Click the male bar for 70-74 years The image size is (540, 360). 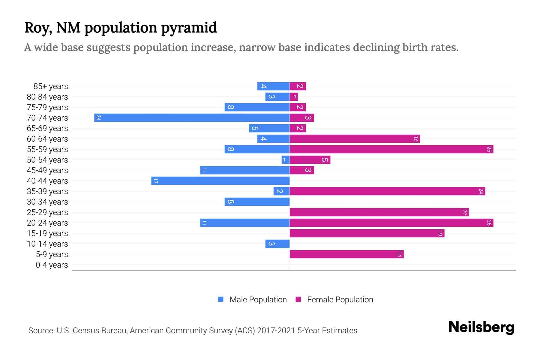tap(192, 118)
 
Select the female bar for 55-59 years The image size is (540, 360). tap(391, 149)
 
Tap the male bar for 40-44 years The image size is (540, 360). tap(220, 181)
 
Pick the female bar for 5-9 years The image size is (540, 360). tap(346, 254)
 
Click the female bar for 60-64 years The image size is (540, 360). tap(355, 139)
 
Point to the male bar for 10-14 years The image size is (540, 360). tap(277, 244)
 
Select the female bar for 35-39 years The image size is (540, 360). tap(387, 191)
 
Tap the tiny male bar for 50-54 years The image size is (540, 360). tap(286, 160)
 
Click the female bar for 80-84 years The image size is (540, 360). tap(294, 97)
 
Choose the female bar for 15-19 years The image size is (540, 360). tap(367, 233)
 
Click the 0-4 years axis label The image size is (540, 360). tap(52, 265)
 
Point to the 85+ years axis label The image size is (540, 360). tap(50, 86)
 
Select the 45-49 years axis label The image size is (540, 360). tap(47, 170)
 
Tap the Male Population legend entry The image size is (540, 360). tap(258, 300)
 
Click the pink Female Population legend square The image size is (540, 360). tap(298, 299)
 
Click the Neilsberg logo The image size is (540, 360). tap(481, 327)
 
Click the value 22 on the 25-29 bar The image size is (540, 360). tap(464, 212)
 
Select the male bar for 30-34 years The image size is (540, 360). tap(257, 202)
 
